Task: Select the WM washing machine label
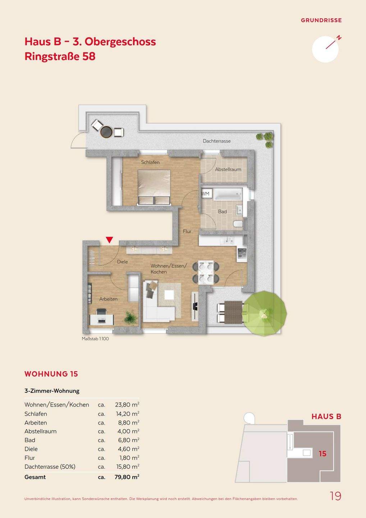coord(205,194)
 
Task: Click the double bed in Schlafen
coord(154,187)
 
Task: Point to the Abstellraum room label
coord(228,169)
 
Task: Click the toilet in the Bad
coord(238,224)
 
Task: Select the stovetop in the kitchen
coord(242,253)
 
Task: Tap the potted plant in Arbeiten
coord(131,317)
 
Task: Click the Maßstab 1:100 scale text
coord(95,339)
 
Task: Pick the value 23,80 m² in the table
coord(127,405)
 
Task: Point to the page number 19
coord(335,496)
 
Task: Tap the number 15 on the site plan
coord(322,454)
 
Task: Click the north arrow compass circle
coord(325,49)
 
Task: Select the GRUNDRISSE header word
coord(321,21)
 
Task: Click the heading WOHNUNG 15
coord(51,374)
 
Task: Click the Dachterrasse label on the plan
coord(217,141)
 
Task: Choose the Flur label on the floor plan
coord(187,231)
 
